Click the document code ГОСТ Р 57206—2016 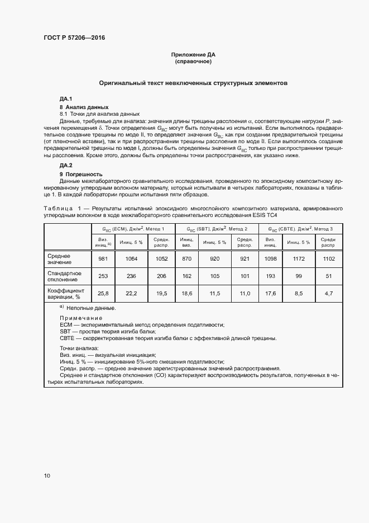pos(74,38)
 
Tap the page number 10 pos(47,475)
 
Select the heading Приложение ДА pos(193,55)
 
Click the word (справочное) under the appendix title pos(193,62)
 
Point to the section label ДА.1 pos(66,98)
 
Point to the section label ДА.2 pos(66,166)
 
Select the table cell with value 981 pos(103,258)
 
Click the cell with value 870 pos(186,258)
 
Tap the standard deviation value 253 pos(103,276)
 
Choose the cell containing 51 pos(329,276)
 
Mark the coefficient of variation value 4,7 pos(329,294)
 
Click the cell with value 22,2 pos(132,294)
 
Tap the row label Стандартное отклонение pos(65,276)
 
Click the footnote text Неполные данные pos(90,308)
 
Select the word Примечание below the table pos(81,318)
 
